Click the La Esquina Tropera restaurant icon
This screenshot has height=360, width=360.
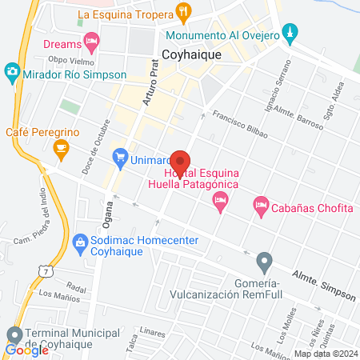[x=185, y=13]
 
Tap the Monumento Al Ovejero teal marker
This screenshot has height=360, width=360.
[x=291, y=33]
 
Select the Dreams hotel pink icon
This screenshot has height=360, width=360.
[x=93, y=38]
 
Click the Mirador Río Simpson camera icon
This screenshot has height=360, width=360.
[x=12, y=73]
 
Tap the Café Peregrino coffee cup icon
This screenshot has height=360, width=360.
[x=60, y=147]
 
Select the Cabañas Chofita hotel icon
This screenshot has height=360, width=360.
[x=261, y=206]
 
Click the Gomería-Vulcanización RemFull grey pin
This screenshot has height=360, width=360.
[x=264, y=261]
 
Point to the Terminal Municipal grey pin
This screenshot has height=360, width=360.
[x=14, y=334]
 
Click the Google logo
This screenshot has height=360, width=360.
[x=27, y=350]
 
